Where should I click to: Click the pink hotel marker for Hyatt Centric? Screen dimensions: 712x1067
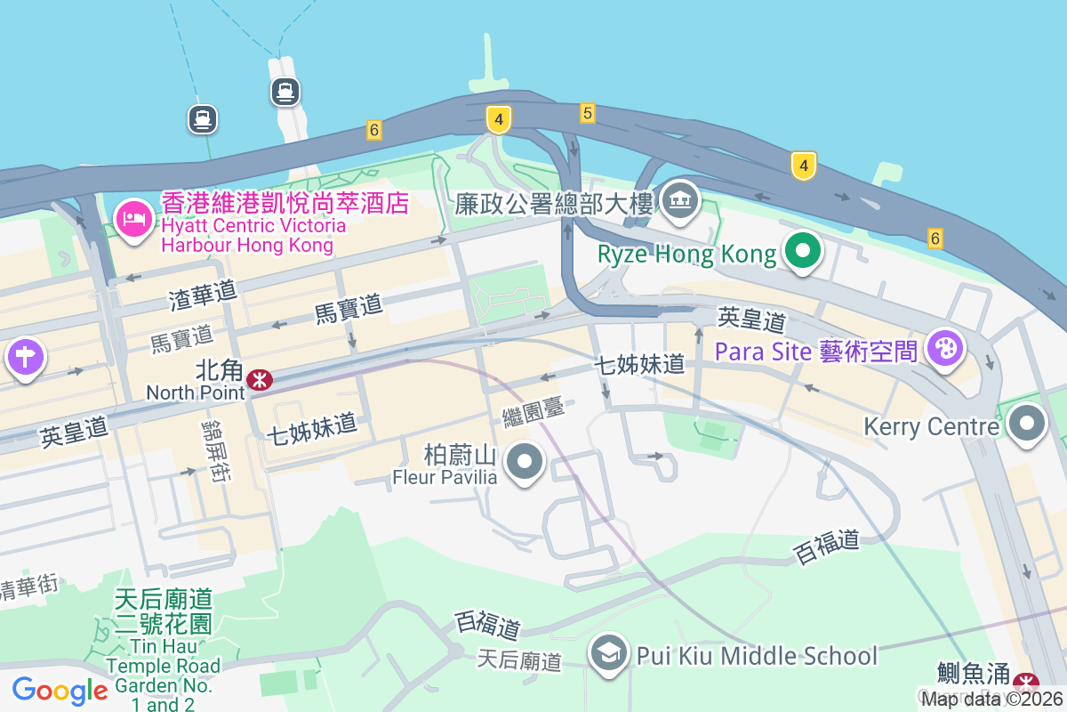[134, 216]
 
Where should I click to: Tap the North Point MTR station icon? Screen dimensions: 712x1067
[260, 380]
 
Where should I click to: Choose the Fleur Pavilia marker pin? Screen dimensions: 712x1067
[525, 461]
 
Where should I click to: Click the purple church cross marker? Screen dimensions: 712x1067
[25, 357]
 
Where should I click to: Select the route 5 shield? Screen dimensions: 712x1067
[587, 113]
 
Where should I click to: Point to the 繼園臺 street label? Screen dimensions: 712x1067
[533, 412]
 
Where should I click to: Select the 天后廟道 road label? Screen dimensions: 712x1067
[520, 660]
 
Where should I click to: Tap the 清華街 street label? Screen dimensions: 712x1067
[28, 587]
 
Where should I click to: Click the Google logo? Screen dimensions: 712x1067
[60, 691]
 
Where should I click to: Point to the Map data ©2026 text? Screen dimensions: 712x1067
[991, 700]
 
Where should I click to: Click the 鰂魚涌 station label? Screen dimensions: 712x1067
[974, 672]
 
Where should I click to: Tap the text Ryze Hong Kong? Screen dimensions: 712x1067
[686, 255]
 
